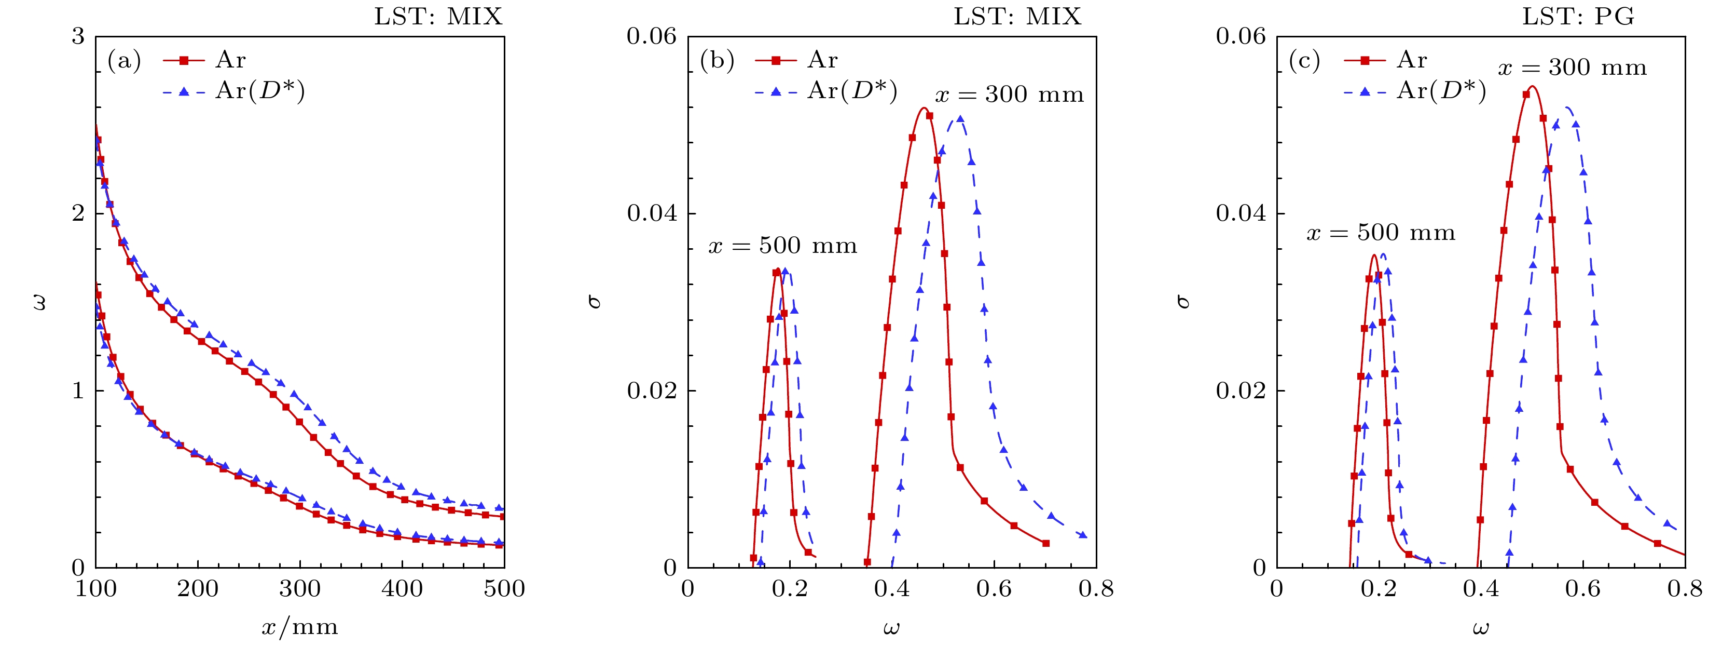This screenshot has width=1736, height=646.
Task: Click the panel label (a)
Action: coord(124,61)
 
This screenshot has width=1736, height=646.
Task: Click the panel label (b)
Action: coord(717,61)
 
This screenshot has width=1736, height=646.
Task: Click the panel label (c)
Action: coord(1305,61)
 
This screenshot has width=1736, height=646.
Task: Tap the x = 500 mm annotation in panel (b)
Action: coord(782,246)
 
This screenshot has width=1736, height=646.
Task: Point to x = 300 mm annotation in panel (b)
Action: coord(1009,95)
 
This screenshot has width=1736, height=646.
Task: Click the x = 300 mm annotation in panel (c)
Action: coord(1572,68)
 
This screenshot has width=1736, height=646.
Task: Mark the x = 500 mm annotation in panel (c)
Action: coord(1381,233)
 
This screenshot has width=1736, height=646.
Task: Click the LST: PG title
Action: coord(1578,16)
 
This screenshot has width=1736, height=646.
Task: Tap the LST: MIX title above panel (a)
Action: coord(438,16)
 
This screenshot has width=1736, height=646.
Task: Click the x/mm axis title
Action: coord(300,628)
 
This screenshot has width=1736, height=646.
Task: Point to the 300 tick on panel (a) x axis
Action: coord(300,589)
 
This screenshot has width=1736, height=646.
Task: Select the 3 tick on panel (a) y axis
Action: coord(78,36)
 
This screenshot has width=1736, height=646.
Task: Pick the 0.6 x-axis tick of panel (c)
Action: coord(1582,589)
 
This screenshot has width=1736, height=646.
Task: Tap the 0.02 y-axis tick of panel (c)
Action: coord(1241,391)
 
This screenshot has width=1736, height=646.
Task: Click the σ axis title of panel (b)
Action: coord(595,301)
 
